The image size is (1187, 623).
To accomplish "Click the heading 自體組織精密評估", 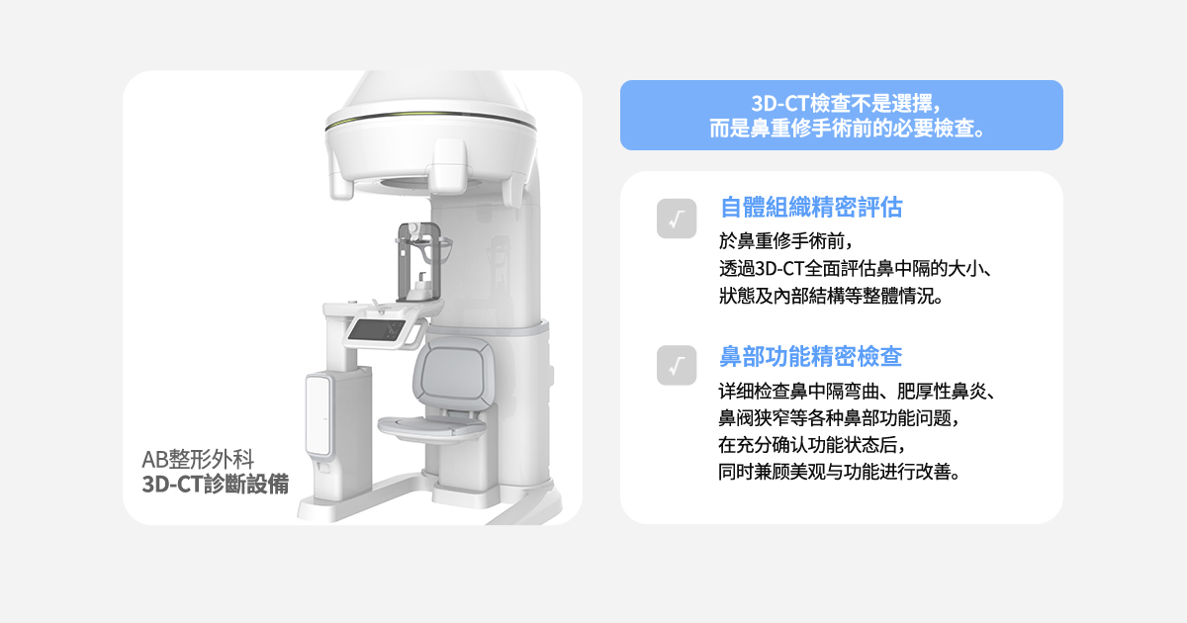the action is [x=811, y=207].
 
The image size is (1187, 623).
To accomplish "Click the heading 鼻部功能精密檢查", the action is [x=810, y=357].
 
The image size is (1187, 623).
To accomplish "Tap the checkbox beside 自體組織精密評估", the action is [x=677, y=219].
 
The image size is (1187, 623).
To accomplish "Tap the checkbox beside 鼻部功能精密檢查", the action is [x=677, y=365].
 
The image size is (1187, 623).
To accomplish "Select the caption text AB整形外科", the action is [x=198, y=459].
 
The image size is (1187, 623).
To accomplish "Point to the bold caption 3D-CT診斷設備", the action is [x=216, y=484].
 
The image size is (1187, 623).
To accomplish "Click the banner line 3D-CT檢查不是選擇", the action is [x=847, y=103].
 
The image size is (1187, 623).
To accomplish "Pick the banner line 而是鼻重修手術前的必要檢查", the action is [x=847, y=129].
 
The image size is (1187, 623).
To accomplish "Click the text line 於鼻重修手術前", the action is [x=785, y=241].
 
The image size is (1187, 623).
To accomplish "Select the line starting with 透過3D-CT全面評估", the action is [x=856, y=269].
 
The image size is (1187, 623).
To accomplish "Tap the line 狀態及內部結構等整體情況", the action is [x=831, y=296].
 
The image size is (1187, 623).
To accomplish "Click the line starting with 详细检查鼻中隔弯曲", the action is [x=858, y=392].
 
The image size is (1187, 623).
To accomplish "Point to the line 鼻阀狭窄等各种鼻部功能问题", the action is [x=839, y=418].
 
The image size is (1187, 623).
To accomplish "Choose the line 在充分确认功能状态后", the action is [x=812, y=445].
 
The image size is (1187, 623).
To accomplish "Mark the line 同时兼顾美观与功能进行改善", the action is [x=840, y=472].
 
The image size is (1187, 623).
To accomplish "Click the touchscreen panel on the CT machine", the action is [x=376, y=330].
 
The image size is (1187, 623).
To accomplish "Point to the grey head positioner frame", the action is [x=418, y=261].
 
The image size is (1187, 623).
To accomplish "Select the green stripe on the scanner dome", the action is [x=430, y=116].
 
